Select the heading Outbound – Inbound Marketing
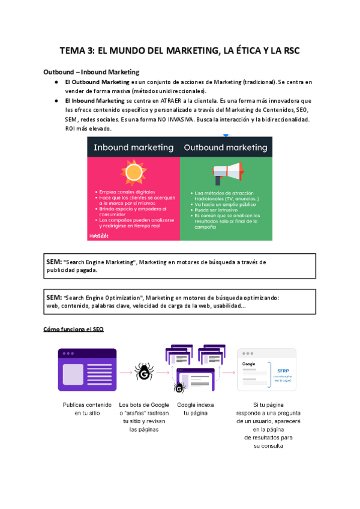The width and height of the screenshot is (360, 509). (91, 72)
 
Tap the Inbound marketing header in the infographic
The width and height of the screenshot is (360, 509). (134, 147)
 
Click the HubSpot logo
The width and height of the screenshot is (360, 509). (98, 236)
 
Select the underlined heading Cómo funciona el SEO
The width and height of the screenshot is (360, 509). (74, 330)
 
